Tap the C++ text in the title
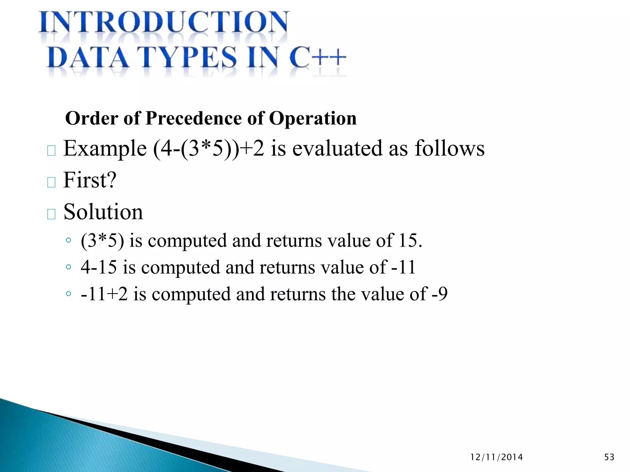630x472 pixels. (x=318, y=57)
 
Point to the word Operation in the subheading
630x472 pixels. (x=313, y=118)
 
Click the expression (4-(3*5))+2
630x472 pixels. (x=209, y=149)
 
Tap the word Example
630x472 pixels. (x=105, y=149)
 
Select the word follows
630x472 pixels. (x=449, y=148)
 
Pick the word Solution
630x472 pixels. (x=103, y=212)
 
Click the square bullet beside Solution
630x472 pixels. (x=51, y=214)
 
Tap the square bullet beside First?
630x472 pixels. (x=51, y=182)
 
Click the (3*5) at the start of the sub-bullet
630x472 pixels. (x=102, y=241)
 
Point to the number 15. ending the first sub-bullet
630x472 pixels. (x=410, y=240)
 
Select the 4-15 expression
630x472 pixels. (x=99, y=267)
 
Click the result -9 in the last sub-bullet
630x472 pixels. (x=440, y=294)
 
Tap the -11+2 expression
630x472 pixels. (x=104, y=294)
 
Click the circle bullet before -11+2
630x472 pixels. (x=68, y=294)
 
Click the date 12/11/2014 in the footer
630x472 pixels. (x=496, y=457)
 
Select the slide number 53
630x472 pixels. (x=609, y=457)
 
